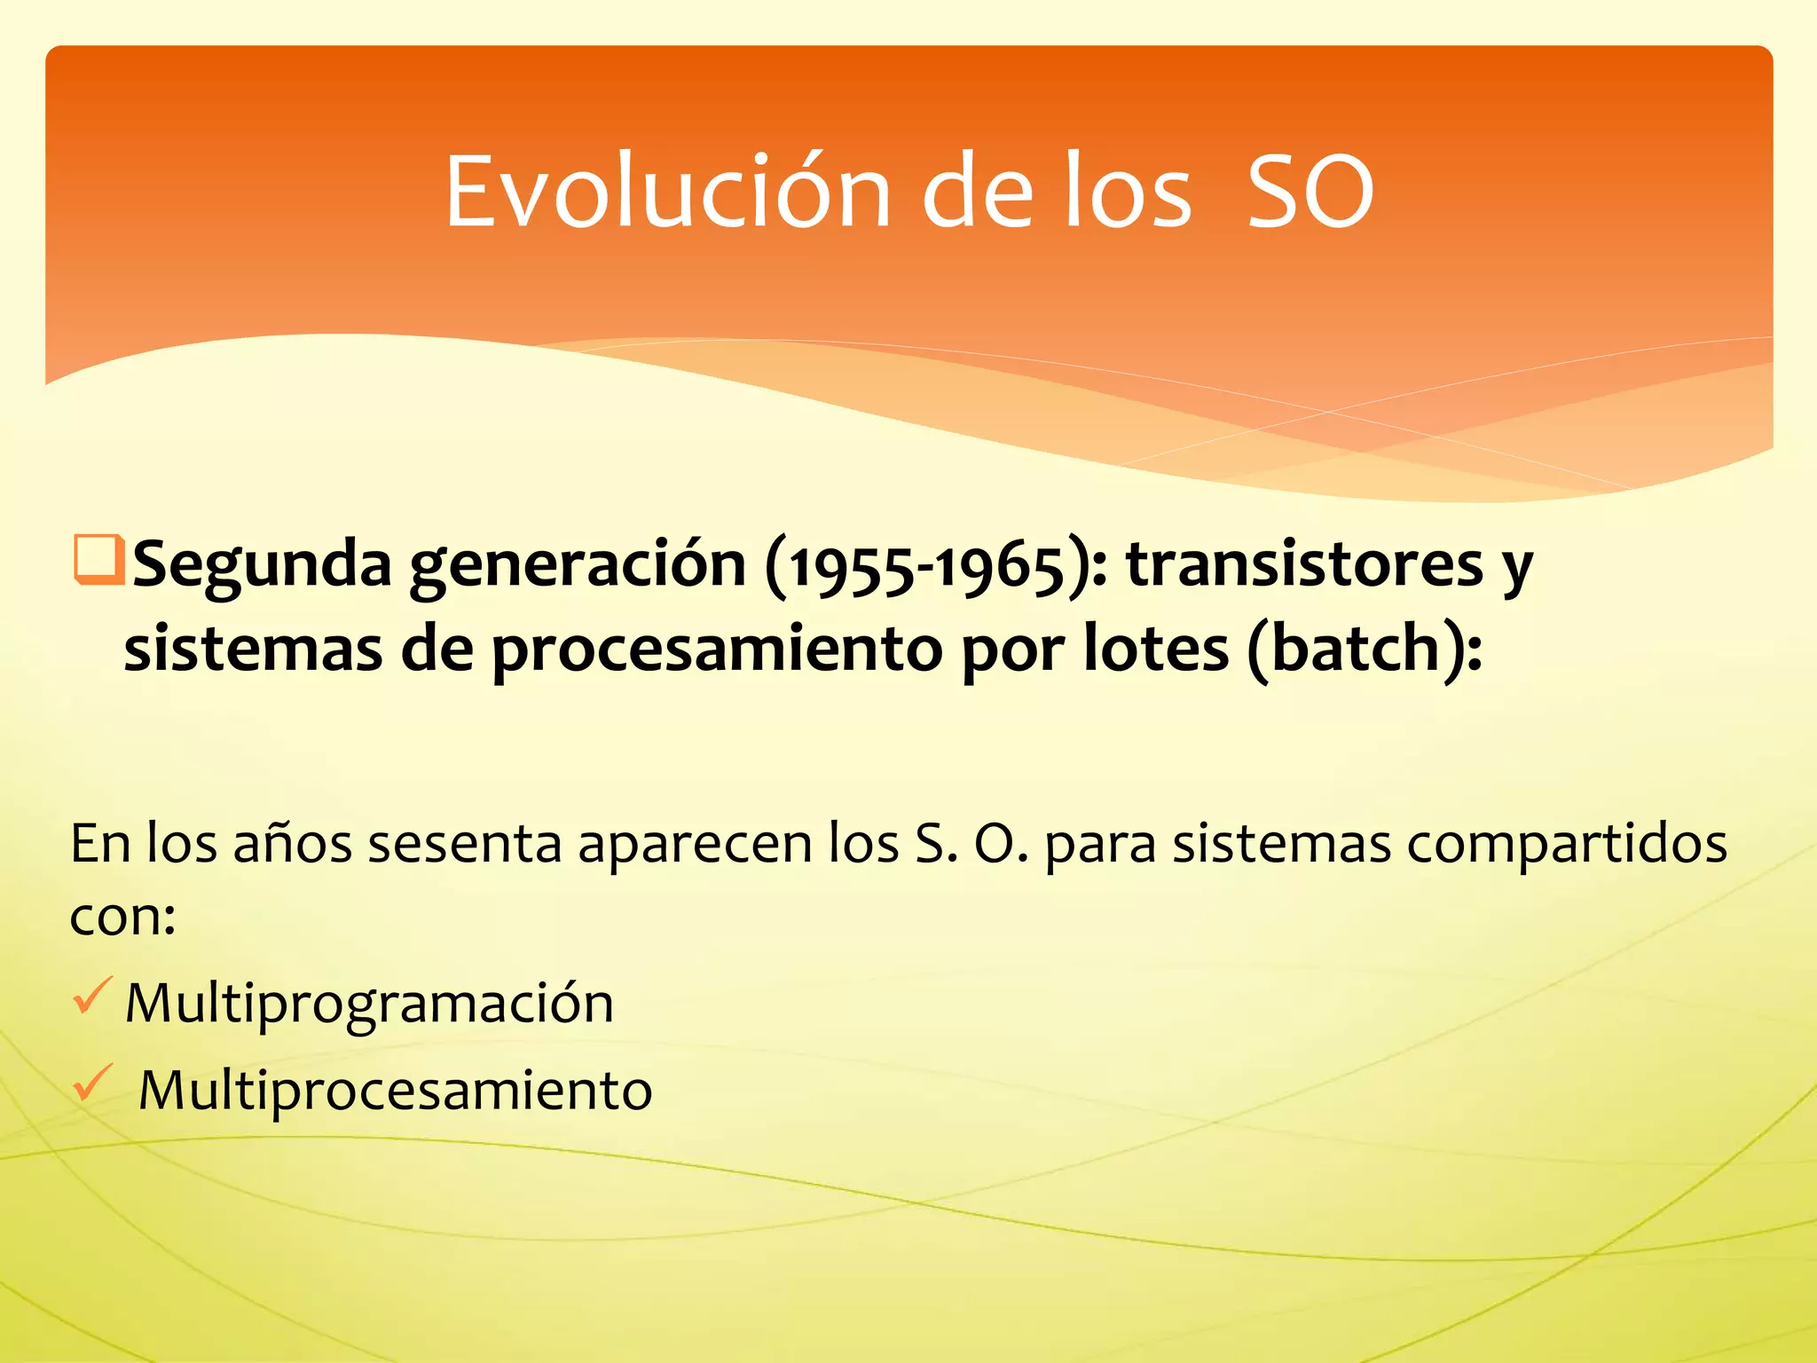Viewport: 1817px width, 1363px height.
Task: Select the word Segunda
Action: click(x=262, y=564)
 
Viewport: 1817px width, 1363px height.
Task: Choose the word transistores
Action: click(x=1304, y=564)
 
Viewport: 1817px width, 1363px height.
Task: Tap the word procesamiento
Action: click(x=717, y=650)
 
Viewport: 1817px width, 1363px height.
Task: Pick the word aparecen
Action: click(x=695, y=845)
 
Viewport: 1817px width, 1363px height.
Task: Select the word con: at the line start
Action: click(x=122, y=918)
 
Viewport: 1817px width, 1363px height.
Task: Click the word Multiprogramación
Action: click(x=369, y=1005)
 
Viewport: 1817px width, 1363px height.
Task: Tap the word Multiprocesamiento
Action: click(x=395, y=1090)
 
